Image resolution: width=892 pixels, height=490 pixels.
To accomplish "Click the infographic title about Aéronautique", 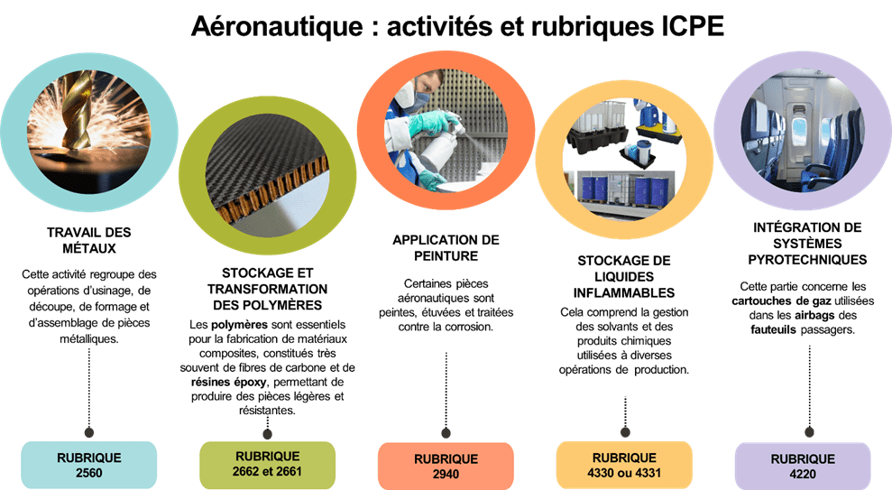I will pyautogui.click(x=457, y=26).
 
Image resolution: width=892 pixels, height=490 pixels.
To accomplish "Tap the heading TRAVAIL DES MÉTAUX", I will pyautogui.click(x=88, y=239).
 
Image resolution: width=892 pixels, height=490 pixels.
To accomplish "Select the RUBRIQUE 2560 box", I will pyautogui.click(x=88, y=465).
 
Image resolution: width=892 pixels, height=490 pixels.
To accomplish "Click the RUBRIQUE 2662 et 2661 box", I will pyautogui.click(x=268, y=464).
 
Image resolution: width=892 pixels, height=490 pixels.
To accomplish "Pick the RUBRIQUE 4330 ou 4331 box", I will pyautogui.click(x=624, y=465).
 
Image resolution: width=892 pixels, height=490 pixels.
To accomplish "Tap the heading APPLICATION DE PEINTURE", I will pyautogui.click(x=446, y=248).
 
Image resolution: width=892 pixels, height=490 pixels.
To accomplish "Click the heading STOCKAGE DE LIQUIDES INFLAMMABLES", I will pyautogui.click(x=624, y=277).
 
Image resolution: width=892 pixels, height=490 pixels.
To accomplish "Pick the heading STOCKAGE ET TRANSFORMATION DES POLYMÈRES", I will pyautogui.click(x=267, y=288).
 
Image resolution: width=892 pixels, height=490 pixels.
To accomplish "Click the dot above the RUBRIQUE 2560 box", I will pyautogui.click(x=88, y=431).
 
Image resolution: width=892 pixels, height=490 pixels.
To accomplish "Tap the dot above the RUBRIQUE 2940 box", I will pyautogui.click(x=445, y=432).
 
